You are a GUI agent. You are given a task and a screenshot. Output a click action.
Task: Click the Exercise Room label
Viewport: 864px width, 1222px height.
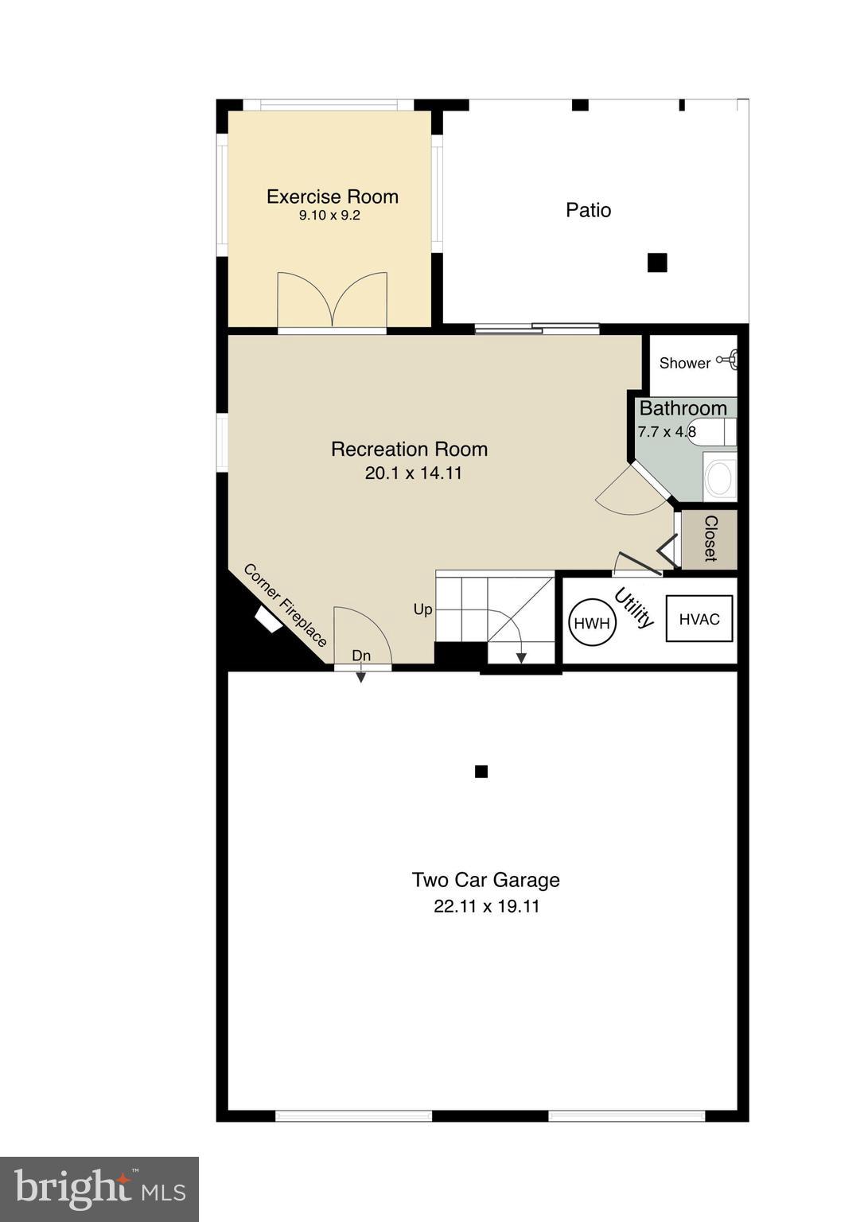tap(332, 197)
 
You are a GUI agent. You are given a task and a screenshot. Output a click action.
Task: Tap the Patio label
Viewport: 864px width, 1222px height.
tap(588, 210)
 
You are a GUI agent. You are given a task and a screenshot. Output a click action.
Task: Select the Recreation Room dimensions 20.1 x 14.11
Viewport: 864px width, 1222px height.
tap(413, 473)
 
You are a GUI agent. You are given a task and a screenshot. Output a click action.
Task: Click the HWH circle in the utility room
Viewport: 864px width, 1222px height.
tap(592, 623)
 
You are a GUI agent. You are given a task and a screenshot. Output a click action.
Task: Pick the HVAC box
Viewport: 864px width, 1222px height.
tap(699, 620)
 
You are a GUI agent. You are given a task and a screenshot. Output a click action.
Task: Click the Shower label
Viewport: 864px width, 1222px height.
tap(684, 364)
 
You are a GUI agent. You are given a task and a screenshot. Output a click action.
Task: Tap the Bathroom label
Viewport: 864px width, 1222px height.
tap(683, 408)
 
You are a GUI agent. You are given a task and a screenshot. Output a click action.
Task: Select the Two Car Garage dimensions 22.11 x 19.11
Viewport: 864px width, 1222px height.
tap(486, 906)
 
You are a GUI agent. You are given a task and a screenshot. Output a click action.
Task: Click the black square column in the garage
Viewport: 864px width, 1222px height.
tap(481, 771)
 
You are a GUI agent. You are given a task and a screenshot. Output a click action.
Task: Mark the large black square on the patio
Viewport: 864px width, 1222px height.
tap(656, 263)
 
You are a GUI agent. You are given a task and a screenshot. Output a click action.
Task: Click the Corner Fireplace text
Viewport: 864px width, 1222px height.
tap(285, 605)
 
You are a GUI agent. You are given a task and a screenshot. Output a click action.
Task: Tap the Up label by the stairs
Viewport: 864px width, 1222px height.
tap(422, 609)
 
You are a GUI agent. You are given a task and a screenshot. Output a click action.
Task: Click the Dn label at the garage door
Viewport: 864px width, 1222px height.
tap(361, 656)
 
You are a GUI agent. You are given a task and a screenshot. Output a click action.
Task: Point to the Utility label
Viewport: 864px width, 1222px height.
tap(634, 608)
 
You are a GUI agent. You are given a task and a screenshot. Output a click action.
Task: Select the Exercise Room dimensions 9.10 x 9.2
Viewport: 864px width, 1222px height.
tap(329, 216)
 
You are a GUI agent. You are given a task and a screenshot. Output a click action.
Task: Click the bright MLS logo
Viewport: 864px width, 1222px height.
tap(99, 1189)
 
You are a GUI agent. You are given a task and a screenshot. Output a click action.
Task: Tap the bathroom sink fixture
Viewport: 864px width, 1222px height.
tap(720, 478)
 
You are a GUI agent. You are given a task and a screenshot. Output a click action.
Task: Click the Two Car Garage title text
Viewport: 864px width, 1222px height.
tap(485, 880)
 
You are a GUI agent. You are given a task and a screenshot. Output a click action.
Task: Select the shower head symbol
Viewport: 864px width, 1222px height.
tap(730, 360)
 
